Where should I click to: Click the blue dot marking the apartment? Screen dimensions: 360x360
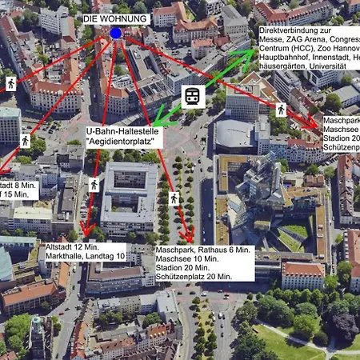(116, 33)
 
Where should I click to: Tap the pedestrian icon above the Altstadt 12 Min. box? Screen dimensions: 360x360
(94, 185)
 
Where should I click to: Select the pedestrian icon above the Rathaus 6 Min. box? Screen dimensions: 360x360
(174, 197)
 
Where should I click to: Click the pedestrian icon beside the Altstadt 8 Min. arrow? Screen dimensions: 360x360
(26, 141)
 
